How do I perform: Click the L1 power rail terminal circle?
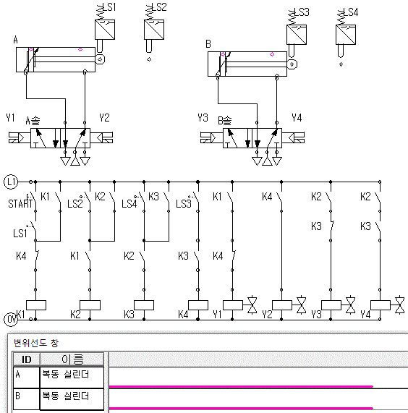click(x=11, y=182)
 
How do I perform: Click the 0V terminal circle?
click(x=11, y=319)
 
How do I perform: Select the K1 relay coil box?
click(x=36, y=305)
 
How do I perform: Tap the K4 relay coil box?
click(x=198, y=305)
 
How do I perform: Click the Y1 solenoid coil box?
click(x=233, y=305)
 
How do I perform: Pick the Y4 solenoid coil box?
click(x=381, y=305)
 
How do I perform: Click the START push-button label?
click(x=20, y=203)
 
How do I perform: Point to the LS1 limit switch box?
click(x=105, y=30)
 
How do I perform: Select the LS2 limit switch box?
click(x=154, y=30)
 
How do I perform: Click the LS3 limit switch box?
click(x=297, y=35)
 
